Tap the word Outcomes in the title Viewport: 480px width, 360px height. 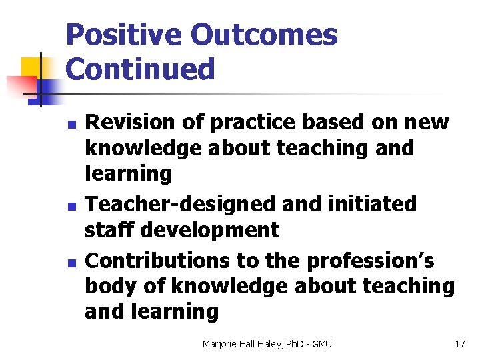[x=263, y=35]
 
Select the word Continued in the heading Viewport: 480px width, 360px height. [x=141, y=69]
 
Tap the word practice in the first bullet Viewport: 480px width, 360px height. [x=251, y=123]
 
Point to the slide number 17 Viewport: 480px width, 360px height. [x=459, y=344]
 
